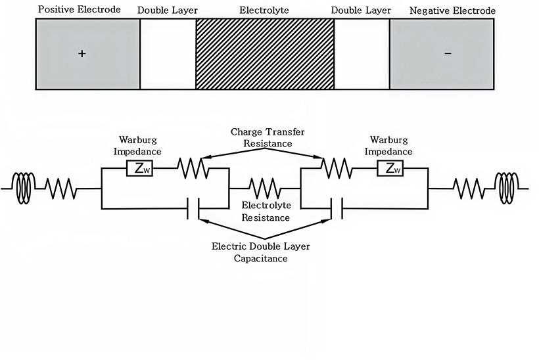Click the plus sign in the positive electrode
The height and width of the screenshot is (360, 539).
[82, 54]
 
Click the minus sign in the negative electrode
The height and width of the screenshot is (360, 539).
[448, 54]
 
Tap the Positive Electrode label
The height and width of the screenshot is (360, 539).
[80, 10]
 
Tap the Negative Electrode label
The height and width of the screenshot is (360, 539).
[452, 11]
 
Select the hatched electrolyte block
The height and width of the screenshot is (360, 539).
[265, 54]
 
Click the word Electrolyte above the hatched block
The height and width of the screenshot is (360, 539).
[265, 11]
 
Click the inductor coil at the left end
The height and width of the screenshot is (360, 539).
[24, 189]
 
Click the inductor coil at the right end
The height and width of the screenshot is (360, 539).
[507, 189]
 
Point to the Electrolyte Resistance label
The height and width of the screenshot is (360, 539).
[265, 212]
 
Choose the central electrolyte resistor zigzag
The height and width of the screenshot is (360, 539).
[265, 189]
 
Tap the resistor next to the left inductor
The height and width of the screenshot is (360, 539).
[61, 189]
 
